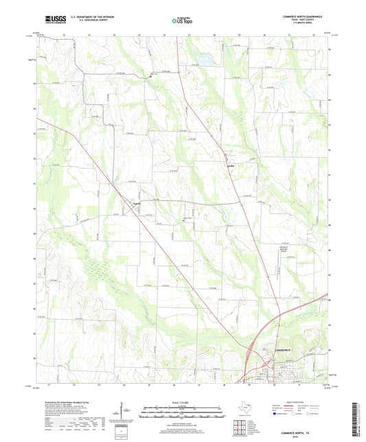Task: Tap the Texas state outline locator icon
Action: [244, 408]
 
